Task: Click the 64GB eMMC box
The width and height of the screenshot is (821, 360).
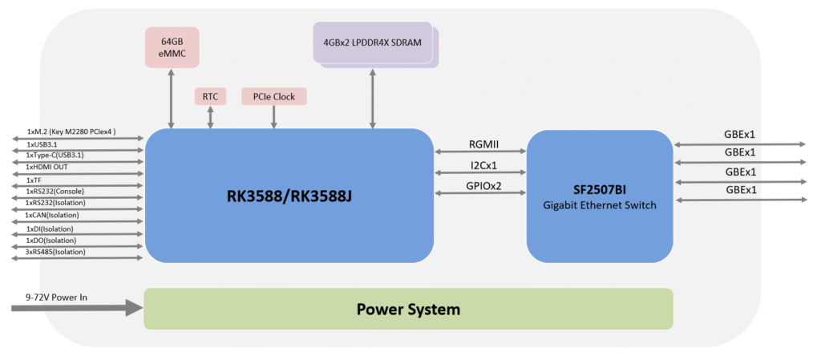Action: point(172,48)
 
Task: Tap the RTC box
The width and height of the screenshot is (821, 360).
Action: point(210,97)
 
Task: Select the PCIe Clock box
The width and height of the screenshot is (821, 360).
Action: point(274,97)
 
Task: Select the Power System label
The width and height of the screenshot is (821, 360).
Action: point(408,309)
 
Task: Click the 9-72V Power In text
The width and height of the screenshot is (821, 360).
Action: point(56,297)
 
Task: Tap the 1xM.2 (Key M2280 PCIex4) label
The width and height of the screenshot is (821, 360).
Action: point(71,131)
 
